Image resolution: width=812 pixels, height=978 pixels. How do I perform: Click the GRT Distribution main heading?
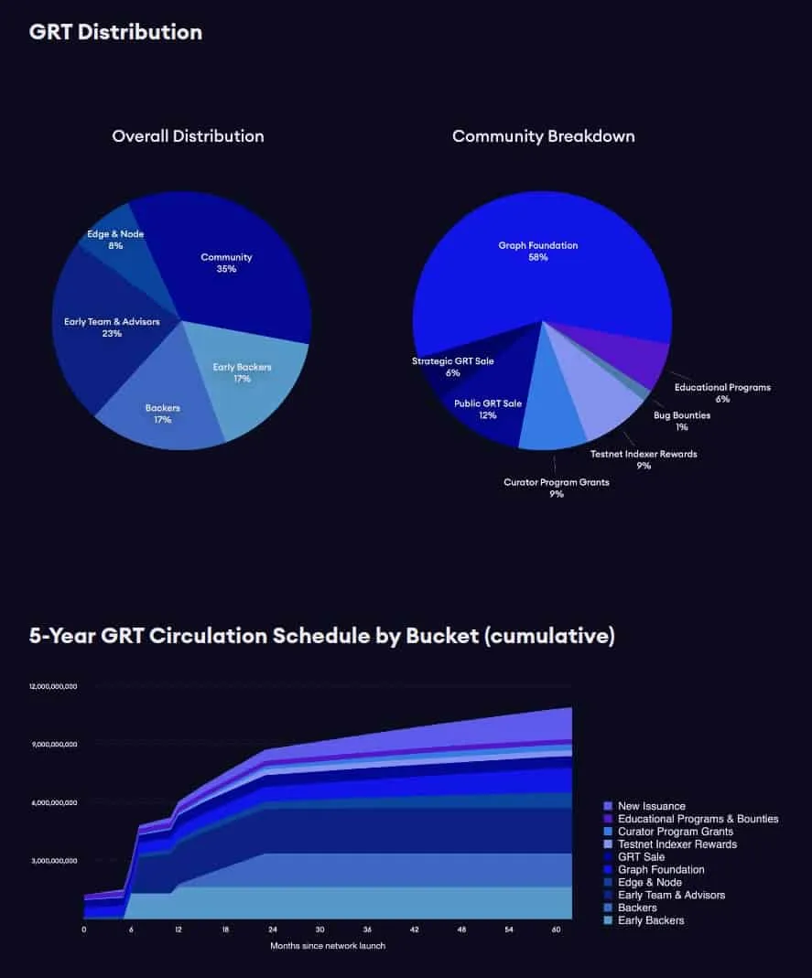(x=115, y=32)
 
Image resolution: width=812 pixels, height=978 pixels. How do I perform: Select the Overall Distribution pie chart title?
(x=188, y=136)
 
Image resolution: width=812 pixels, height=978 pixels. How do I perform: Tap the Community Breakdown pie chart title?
(x=543, y=136)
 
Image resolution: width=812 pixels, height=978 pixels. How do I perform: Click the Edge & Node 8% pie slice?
(x=115, y=240)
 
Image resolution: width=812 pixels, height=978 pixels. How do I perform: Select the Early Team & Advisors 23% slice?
(x=112, y=327)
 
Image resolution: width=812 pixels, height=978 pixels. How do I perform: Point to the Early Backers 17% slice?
(x=242, y=372)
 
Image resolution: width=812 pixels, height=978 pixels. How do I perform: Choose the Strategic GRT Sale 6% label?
(x=452, y=367)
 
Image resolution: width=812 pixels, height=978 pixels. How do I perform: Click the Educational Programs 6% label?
(x=722, y=392)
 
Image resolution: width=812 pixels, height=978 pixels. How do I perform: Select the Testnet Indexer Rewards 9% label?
(x=644, y=459)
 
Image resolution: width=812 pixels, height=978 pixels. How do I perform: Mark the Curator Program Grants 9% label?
(x=556, y=488)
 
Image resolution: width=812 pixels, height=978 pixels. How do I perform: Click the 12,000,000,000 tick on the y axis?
(x=53, y=685)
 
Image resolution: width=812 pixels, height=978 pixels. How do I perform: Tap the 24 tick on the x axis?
(x=273, y=930)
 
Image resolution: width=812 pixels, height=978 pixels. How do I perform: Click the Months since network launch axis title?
(x=327, y=945)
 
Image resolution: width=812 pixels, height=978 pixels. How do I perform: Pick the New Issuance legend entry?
(x=651, y=806)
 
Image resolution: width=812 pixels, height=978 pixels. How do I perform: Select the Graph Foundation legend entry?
(x=661, y=869)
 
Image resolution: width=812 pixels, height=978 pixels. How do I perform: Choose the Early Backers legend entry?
(x=651, y=920)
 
